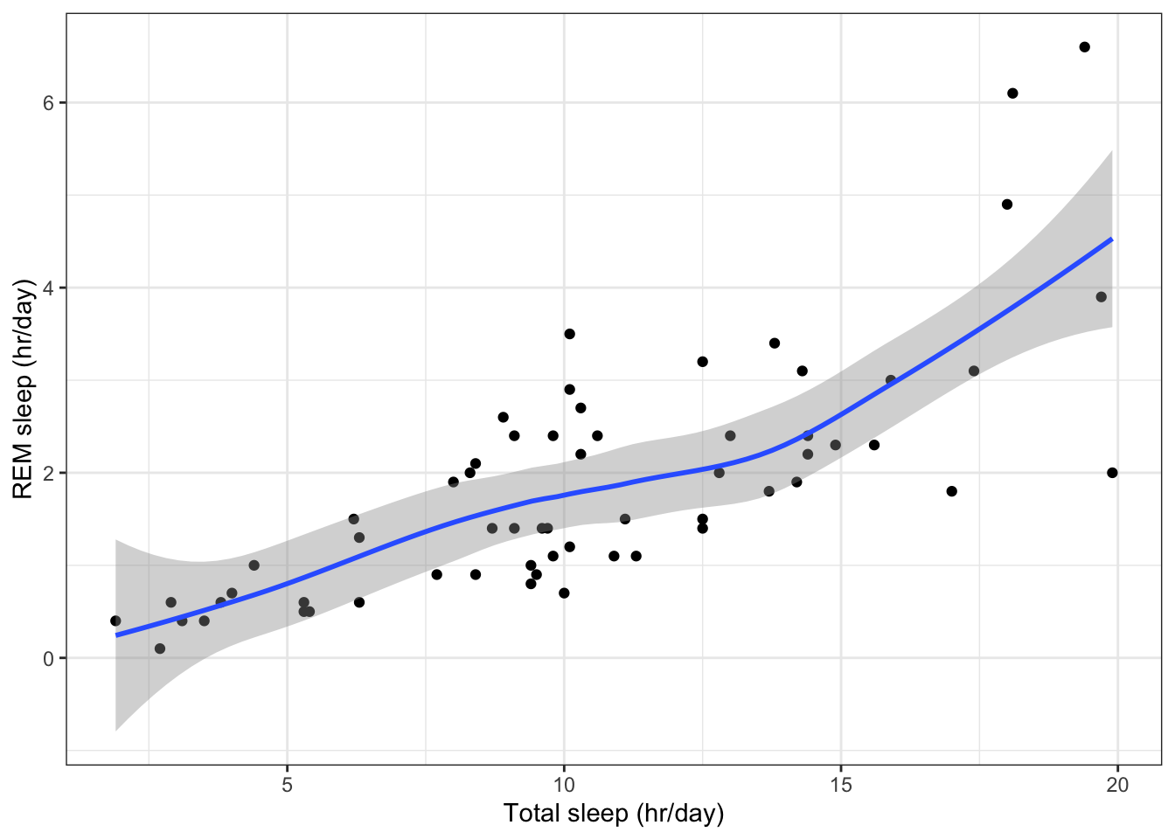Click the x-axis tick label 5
tap(287, 785)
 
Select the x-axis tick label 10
tap(564, 785)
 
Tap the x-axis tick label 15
tap(840, 785)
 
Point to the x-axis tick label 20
tap(1117, 785)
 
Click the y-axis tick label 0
tap(49, 658)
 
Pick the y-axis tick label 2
tap(49, 473)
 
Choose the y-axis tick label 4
tap(49, 288)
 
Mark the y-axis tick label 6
tap(49, 102)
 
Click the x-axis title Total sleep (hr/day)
tap(614, 814)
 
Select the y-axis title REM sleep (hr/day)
tap(24, 389)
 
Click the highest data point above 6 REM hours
tap(1084, 47)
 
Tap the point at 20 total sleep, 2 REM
tap(1112, 473)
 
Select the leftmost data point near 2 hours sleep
tap(115, 621)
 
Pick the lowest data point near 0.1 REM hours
tap(160, 648)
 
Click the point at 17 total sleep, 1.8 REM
tap(951, 491)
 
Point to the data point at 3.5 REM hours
tap(569, 334)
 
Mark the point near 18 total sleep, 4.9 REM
tap(1006, 205)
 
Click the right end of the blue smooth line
tap(1111, 239)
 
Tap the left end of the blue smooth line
tap(116, 635)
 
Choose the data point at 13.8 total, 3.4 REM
tap(774, 343)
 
